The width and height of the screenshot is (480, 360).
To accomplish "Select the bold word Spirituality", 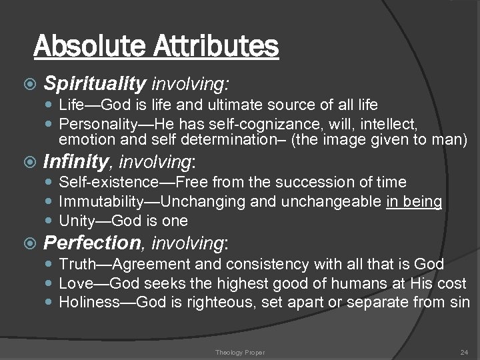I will [x=95, y=83].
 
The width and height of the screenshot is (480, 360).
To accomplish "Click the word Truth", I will [x=74, y=265].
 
